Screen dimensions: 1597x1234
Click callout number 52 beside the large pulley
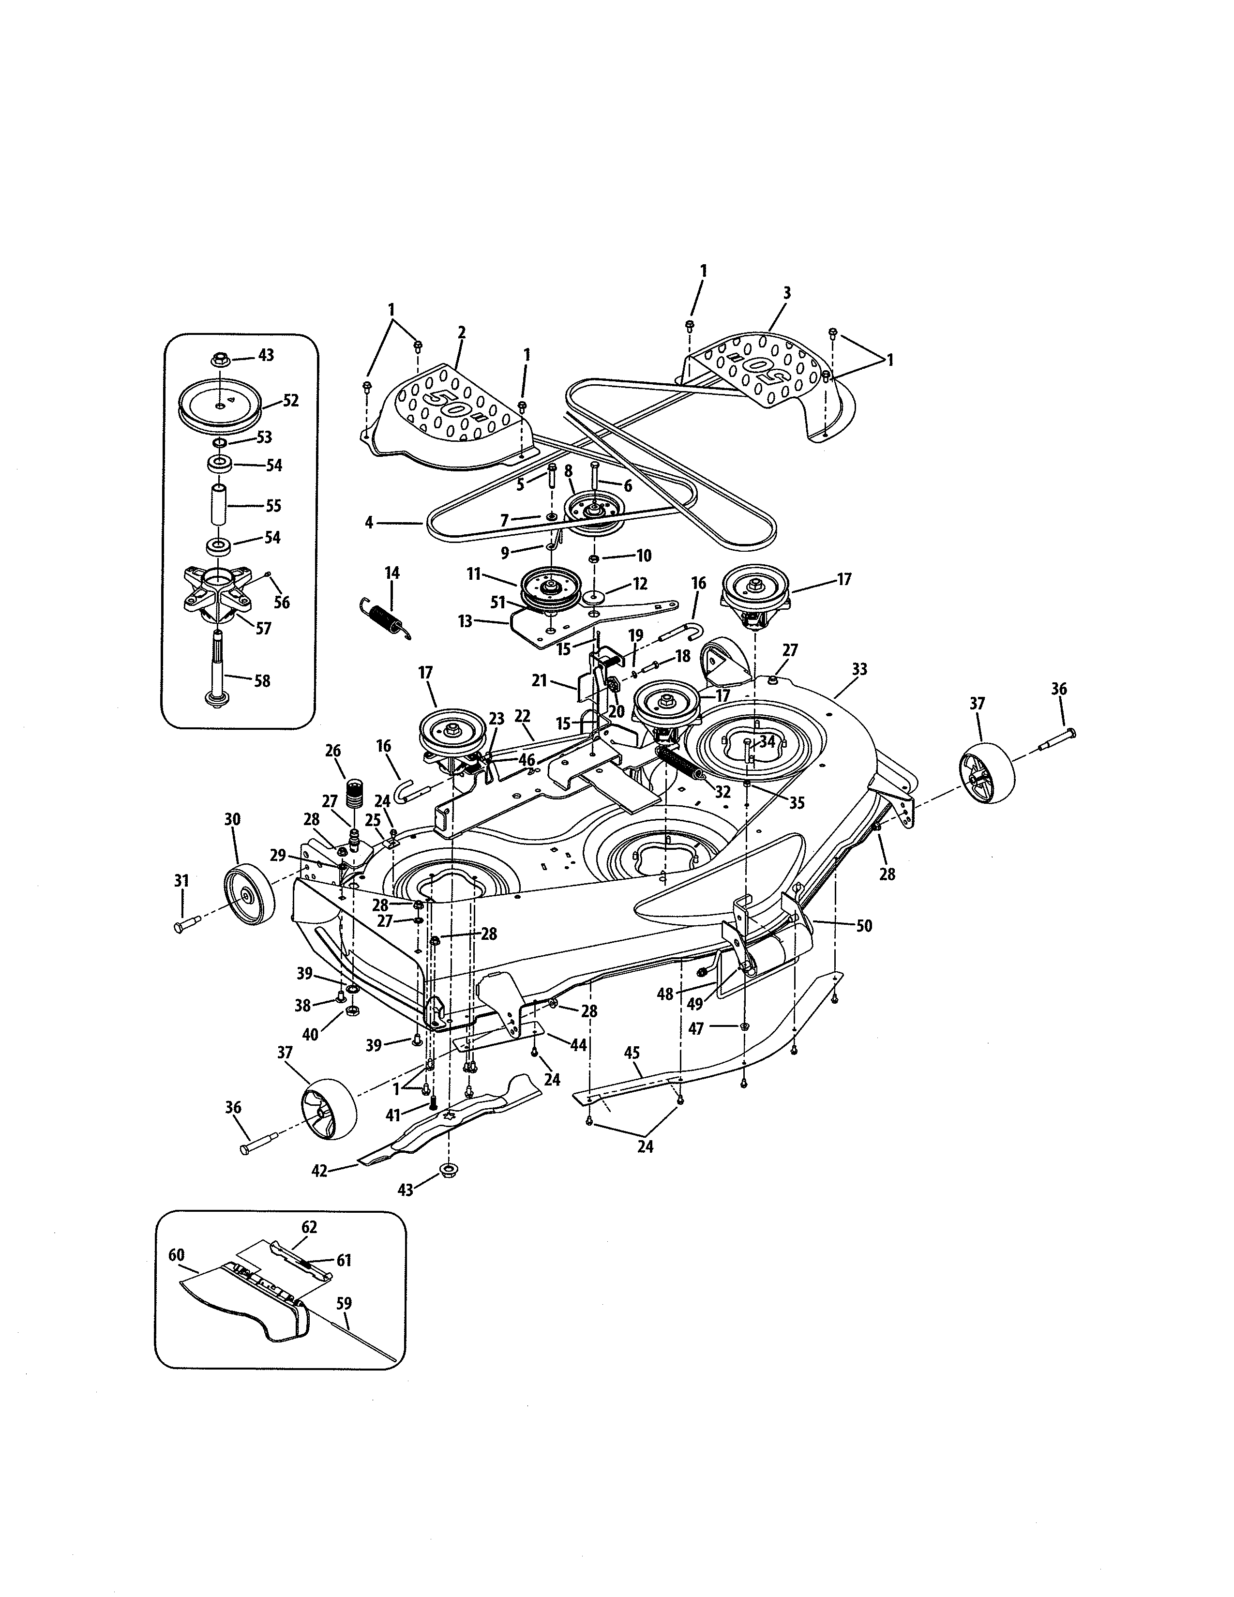tap(290, 400)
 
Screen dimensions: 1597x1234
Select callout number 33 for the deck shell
tap(860, 669)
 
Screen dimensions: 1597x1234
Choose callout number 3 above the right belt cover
tap(786, 293)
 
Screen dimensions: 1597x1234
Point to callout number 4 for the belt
tap(369, 522)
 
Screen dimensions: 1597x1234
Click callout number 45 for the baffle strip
tap(632, 1053)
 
